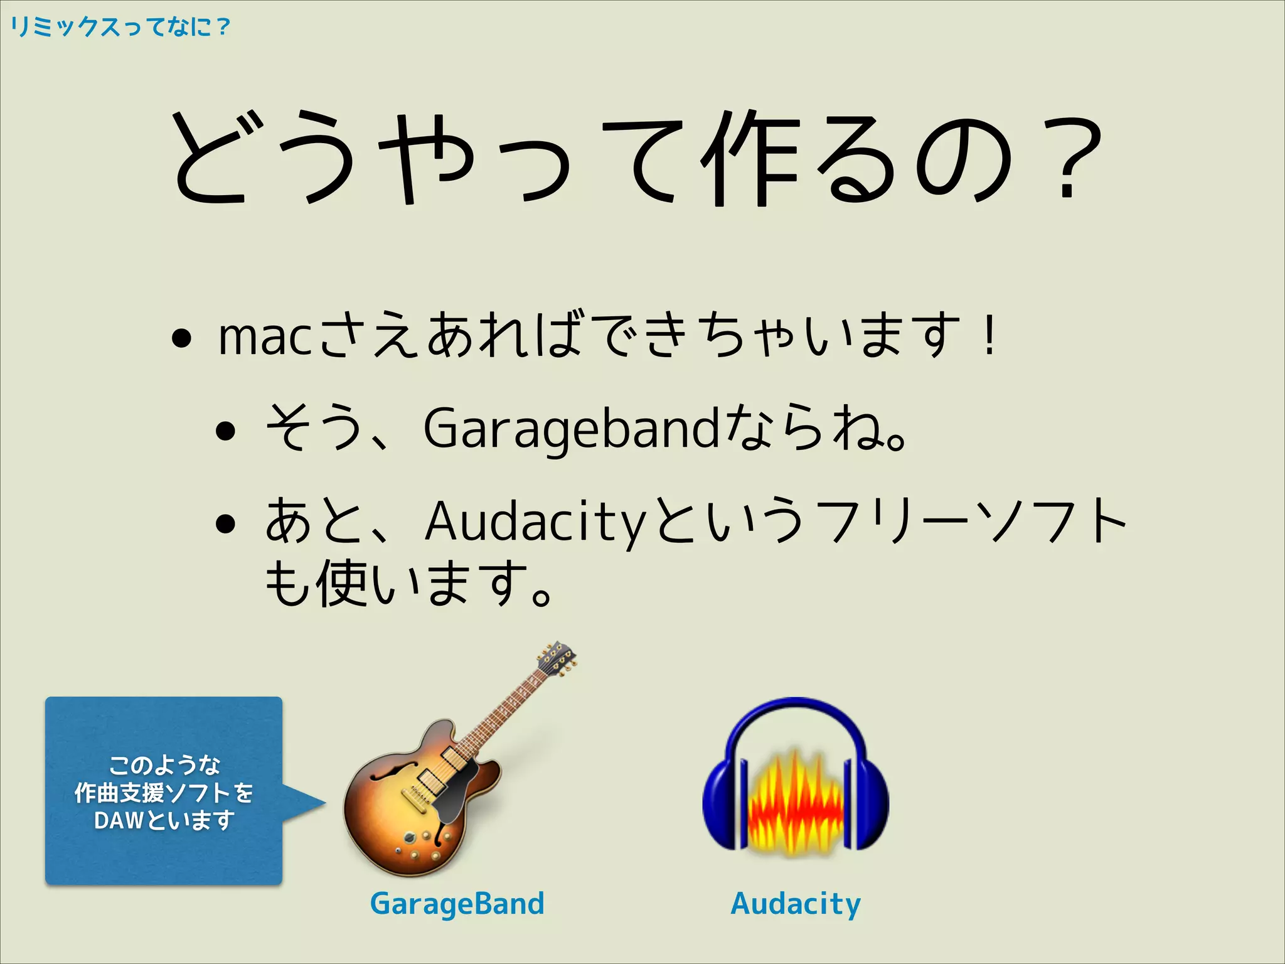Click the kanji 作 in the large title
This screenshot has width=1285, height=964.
[750, 160]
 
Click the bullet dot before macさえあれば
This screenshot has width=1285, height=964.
[181, 340]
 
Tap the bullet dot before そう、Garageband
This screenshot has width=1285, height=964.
[225, 431]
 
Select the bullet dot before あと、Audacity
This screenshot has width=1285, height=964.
[225, 523]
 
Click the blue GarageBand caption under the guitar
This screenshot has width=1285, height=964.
[457, 904]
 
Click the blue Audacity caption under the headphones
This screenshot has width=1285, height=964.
[796, 904]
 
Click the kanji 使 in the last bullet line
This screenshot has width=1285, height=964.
[342, 584]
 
